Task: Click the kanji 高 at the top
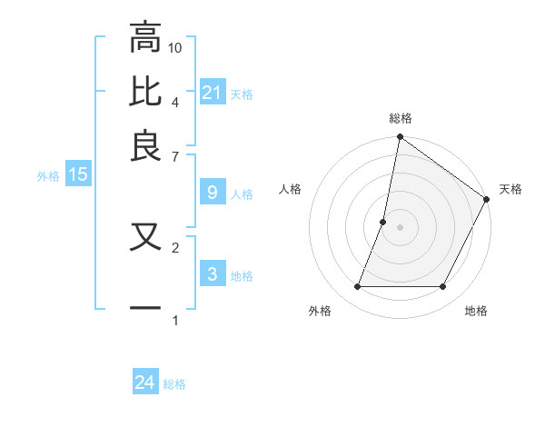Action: (145, 39)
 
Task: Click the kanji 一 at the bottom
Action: (145, 307)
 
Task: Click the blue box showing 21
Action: (213, 92)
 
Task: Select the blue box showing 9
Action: (213, 193)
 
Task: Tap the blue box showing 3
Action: (213, 274)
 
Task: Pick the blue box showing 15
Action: (78, 174)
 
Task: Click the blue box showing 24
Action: (145, 382)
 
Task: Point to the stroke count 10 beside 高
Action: (175, 47)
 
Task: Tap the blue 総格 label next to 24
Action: (174, 384)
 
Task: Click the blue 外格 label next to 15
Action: (48, 176)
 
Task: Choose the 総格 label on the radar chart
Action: (400, 118)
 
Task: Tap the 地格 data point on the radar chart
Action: (443, 287)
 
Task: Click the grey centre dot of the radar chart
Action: (400, 227)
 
